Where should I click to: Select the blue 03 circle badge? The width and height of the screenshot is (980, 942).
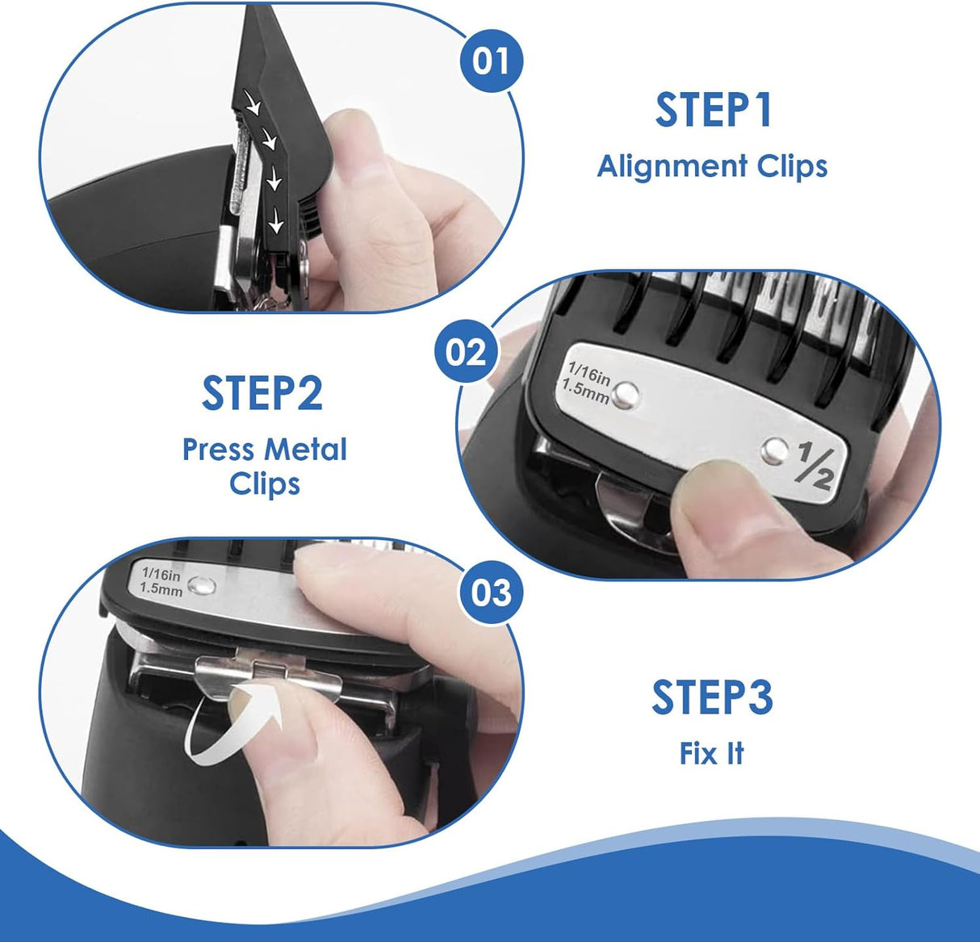(x=491, y=592)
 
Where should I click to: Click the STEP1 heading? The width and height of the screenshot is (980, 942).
(x=713, y=111)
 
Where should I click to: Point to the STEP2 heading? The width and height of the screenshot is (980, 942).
(x=262, y=393)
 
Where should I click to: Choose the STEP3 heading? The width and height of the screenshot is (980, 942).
(x=712, y=698)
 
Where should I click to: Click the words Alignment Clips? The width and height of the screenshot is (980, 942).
(x=712, y=166)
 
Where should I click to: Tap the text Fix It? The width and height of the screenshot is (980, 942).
(x=711, y=754)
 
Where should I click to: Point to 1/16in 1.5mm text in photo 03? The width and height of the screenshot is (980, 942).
(x=162, y=580)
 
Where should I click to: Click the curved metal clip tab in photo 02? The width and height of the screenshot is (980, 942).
(x=626, y=509)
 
